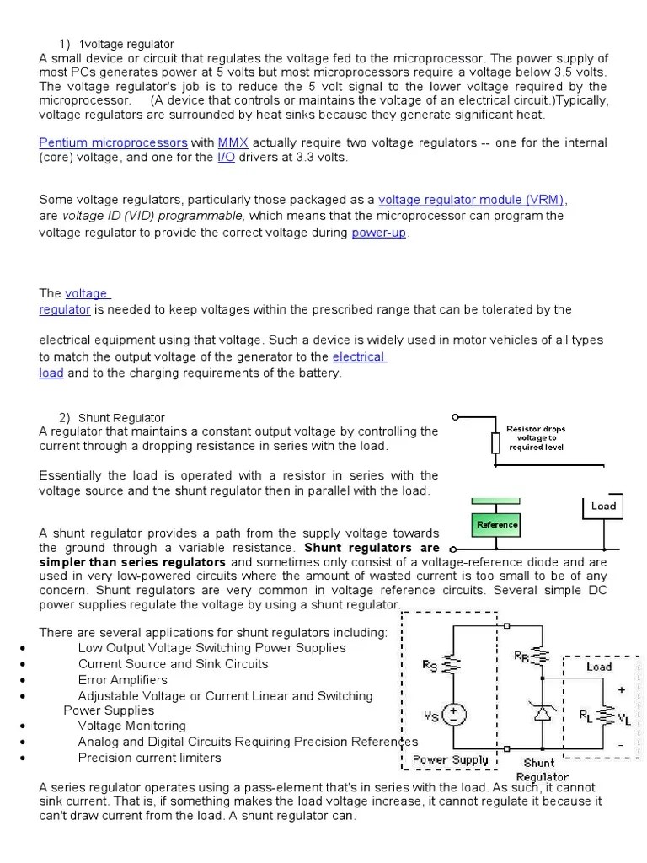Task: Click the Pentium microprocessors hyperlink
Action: pyautogui.click(x=113, y=142)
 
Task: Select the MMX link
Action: pyautogui.click(x=233, y=142)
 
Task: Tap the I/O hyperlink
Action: pyautogui.click(x=227, y=158)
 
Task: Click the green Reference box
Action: pyautogui.click(x=496, y=524)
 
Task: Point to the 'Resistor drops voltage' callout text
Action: pyautogui.click(x=536, y=437)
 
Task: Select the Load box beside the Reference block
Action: pyautogui.click(x=603, y=506)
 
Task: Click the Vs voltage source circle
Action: pyautogui.click(x=455, y=715)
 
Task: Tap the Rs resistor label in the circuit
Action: pyautogui.click(x=430, y=665)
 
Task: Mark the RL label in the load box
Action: pyautogui.click(x=586, y=716)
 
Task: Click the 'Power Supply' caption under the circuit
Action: pyautogui.click(x=450, y=759)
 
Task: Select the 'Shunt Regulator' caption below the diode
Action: pyautogui.click(x=541, y=769)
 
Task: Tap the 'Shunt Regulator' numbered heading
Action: pyautogui.click(x=121, y=417)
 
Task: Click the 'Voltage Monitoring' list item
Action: pyautogui.click(x=132, y=726)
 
